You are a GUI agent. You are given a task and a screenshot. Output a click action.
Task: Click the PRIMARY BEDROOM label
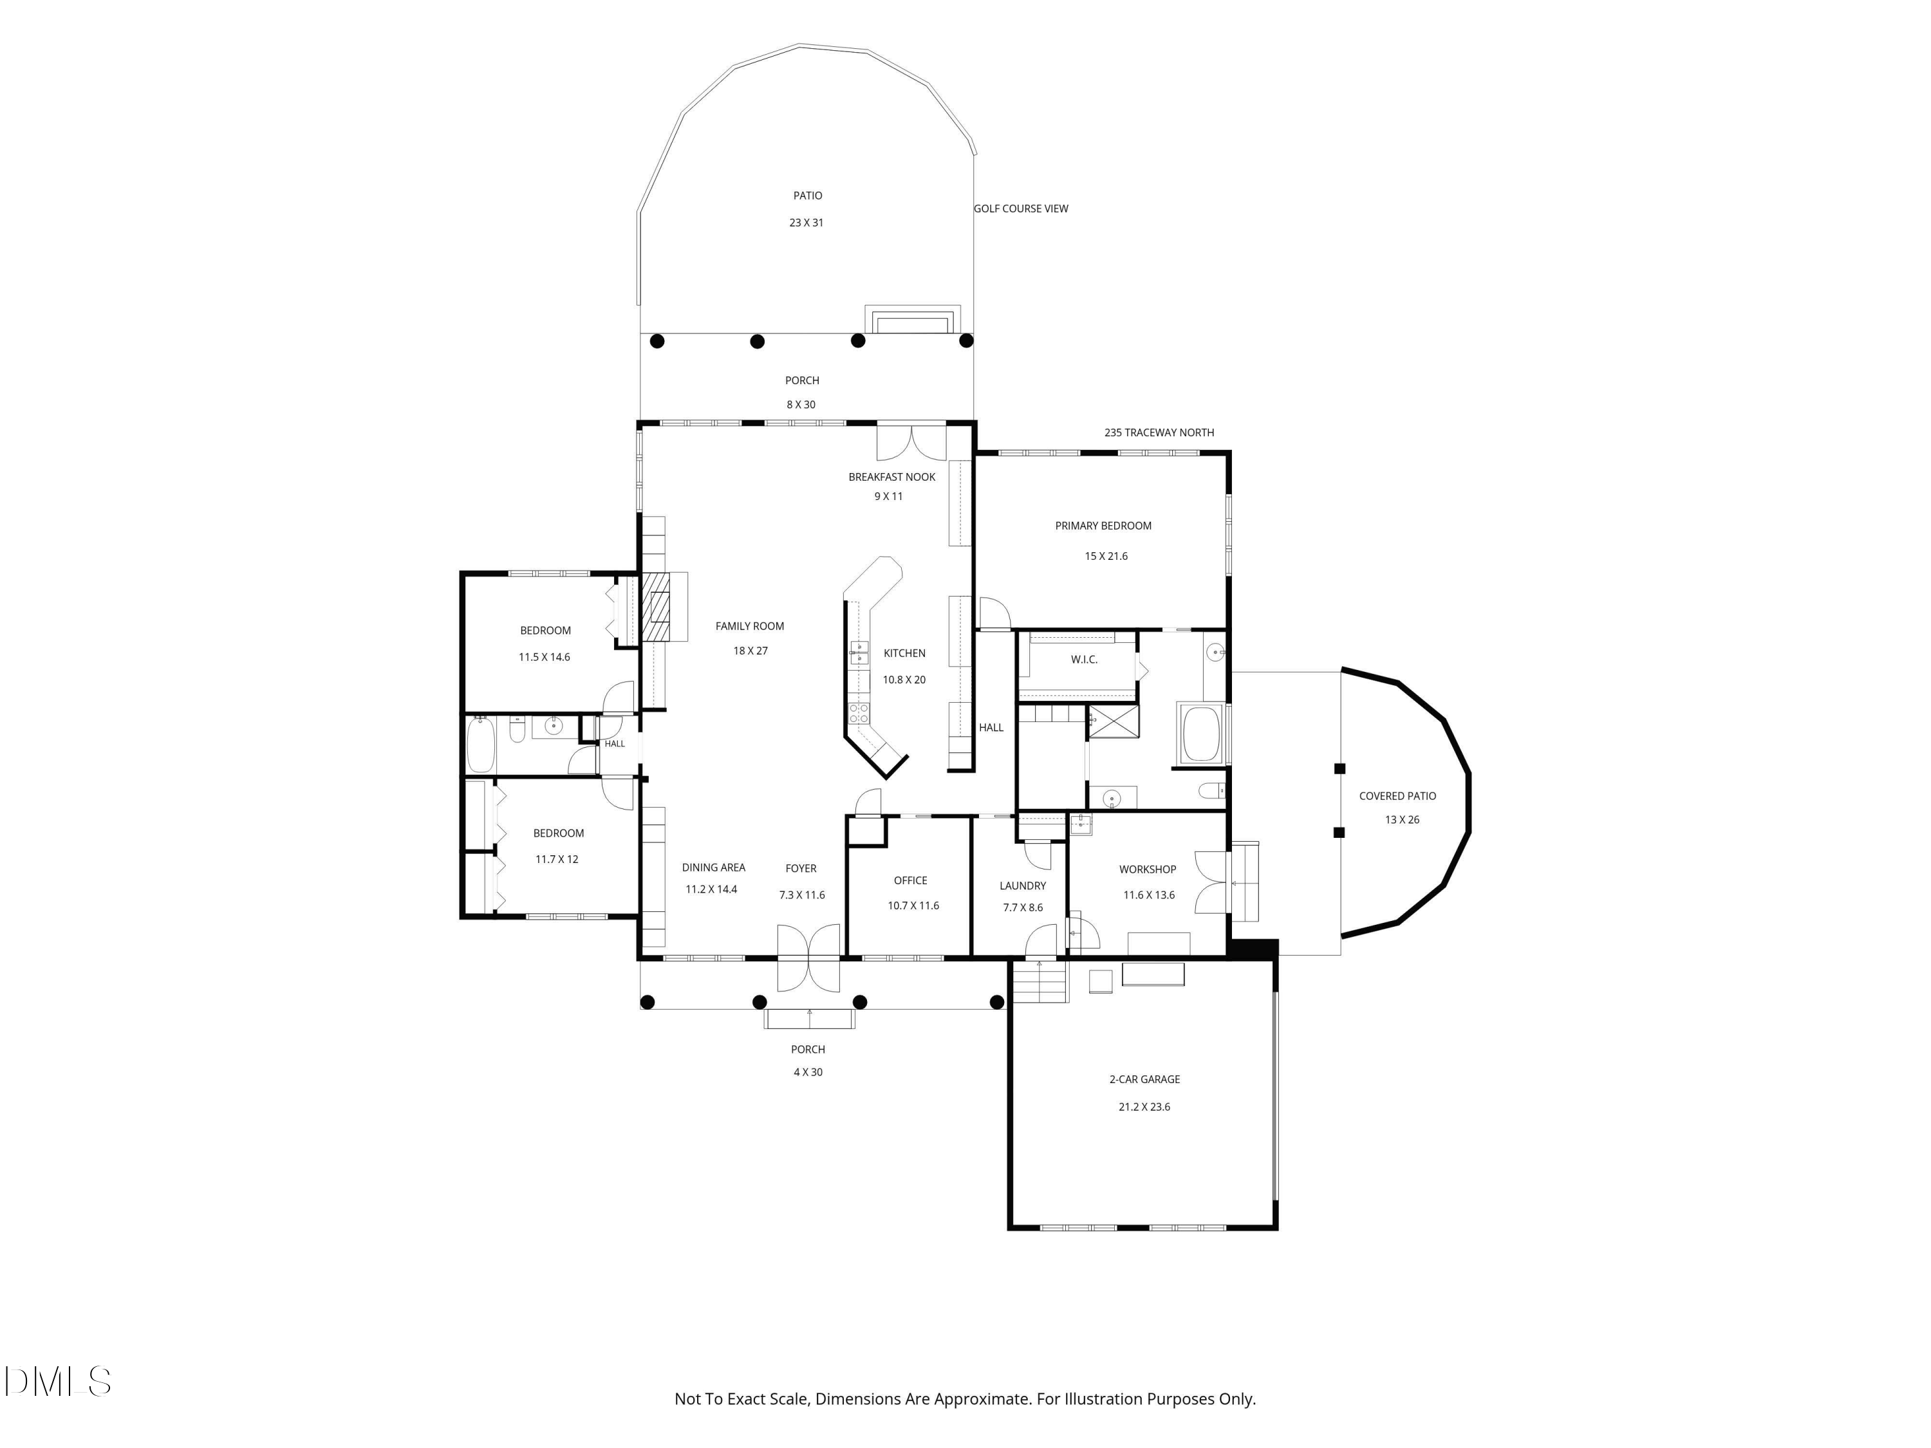[x=1103, y=525]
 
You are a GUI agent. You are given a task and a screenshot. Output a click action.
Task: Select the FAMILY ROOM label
[x=750, y=626]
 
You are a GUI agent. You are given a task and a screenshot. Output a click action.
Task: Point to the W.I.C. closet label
[x=1084, y=659]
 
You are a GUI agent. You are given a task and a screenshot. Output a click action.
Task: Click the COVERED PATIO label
[x=1397, y=796]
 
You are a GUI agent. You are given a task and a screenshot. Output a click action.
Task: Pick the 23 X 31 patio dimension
[x=807, y=223]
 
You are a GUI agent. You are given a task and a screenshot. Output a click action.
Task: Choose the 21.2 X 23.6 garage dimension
[x=1144, y=1107]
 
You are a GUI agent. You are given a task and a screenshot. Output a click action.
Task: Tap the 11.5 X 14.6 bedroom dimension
[x=545, y=657]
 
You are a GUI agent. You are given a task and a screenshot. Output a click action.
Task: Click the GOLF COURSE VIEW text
[x=1021, y=209]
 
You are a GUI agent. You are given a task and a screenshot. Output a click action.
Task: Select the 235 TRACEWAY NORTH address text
[x=1159, y=432]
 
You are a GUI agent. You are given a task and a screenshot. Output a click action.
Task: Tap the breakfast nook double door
[x=911, y=441]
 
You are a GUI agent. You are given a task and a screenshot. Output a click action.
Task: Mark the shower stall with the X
[x=1113, y=722]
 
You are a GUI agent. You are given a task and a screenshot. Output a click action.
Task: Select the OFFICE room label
[x=911, y=880]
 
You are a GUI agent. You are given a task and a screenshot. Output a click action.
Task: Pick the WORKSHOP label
[x=1148, y=869]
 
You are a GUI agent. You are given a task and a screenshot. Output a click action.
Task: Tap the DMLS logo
[x=58, y=1382]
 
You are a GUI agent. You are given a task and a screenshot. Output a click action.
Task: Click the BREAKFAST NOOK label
[x=892, y=477]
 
